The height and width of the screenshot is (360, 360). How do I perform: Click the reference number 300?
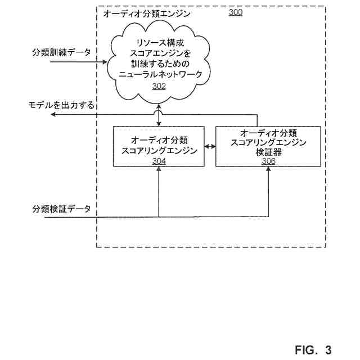pyautogui.click(x=236, y=12)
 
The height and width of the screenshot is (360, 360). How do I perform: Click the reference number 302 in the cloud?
pyautogui.click(x=159, y=87)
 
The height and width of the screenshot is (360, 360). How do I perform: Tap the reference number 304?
pyautogui.click(x=159, y=161)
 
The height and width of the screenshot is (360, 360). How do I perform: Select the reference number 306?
pyautogui.click(x=268, y=161)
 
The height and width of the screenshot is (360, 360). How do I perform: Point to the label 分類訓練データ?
pyautogui.click(x=61, y=52)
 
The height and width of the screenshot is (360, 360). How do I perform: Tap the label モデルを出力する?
pyautogui.click(x=62, y=105)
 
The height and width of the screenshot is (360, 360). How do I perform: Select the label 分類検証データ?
pyautogui.click(x=61, y=208)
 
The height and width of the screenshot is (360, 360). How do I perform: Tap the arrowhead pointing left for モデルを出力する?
pyautogui.click(x=53, y=115)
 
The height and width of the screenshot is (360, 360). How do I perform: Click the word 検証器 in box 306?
pyautogui.click(x=268, y=152)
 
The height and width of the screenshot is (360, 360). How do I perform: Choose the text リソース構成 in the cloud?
pyautogui.click(x=159, y=43)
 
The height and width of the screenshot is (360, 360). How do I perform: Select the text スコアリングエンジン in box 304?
pyautogui.click(x=159, y=150)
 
